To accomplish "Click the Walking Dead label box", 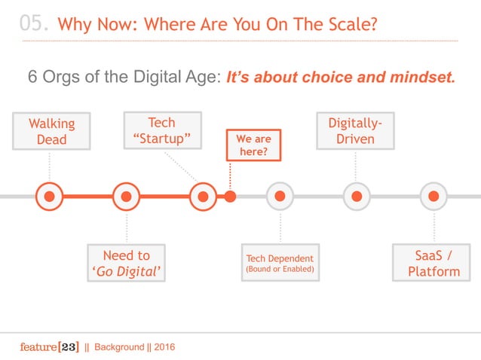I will (x=49, y=131).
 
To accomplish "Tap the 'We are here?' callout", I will (x=253, y=147).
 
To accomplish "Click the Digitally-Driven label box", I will (x=355, y=131).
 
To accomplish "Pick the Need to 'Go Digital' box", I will (x=126, y=263).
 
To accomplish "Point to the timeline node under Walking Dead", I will (x=49, y=197).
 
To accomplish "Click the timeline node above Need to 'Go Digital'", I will (x=126, y=197).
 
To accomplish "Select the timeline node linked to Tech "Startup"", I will (x=203, y=197).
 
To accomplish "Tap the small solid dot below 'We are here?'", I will (x=231, y=197).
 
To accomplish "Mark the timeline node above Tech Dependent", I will (x=280, y=197).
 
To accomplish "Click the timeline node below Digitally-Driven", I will (x=357, y=197).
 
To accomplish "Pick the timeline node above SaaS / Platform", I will (x=434, y=197).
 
